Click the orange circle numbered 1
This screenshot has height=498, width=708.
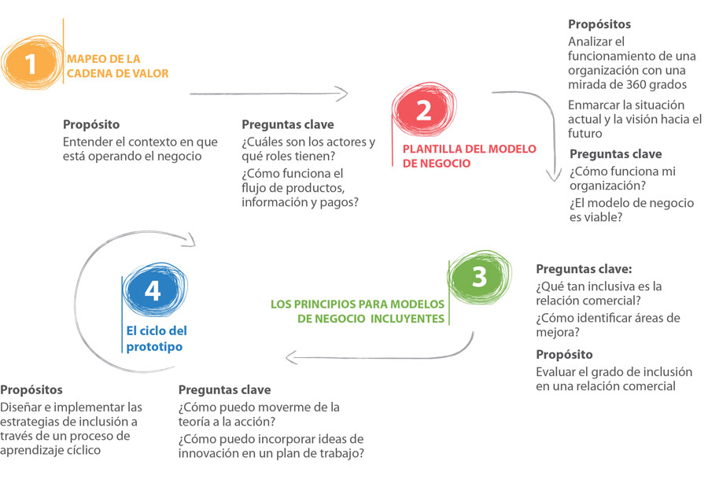click(31, 63)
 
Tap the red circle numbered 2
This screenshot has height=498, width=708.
click(423, 109)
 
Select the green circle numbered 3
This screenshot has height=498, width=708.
click(480, 276)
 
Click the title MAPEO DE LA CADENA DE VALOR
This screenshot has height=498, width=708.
click(117, 66)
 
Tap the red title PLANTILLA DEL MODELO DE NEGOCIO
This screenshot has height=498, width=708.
click(469, 156)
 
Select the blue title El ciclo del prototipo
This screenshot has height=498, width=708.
click(157, 338)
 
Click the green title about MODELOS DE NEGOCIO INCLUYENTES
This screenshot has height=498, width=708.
click(357, 311)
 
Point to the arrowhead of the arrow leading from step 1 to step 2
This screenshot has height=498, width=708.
click(347, 94)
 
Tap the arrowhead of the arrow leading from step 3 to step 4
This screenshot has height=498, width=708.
click(287, 358)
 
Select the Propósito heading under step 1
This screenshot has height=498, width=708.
click(91, 124)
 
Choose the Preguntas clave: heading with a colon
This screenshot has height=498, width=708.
click(584, 268)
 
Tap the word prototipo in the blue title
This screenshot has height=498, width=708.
click(154, 346)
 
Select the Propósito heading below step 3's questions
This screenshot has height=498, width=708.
click(564, 355)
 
